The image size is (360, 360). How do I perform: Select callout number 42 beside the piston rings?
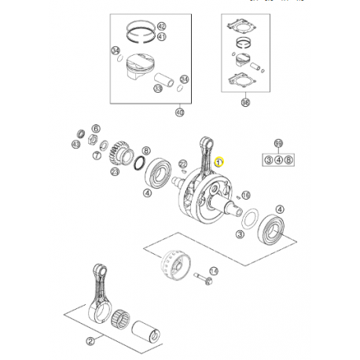coord(161,26)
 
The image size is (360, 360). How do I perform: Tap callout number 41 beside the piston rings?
coord(161,37)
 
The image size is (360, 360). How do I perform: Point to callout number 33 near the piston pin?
coord(158,89)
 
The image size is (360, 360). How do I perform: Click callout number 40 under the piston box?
coord(179,112)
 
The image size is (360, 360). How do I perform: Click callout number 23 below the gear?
coord(115,172)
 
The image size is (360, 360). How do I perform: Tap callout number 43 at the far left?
coord(75,145)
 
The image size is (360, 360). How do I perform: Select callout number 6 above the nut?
coord(96,128)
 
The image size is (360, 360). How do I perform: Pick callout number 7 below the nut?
coord(96,156)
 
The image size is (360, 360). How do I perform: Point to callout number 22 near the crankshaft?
coord(182,163)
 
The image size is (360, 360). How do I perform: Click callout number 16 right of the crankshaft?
coord(245,195)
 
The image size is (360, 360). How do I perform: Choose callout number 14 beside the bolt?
coord(214,270)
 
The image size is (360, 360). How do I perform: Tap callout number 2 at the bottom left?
coord(90,340)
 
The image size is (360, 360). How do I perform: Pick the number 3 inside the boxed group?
coord(268,160)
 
